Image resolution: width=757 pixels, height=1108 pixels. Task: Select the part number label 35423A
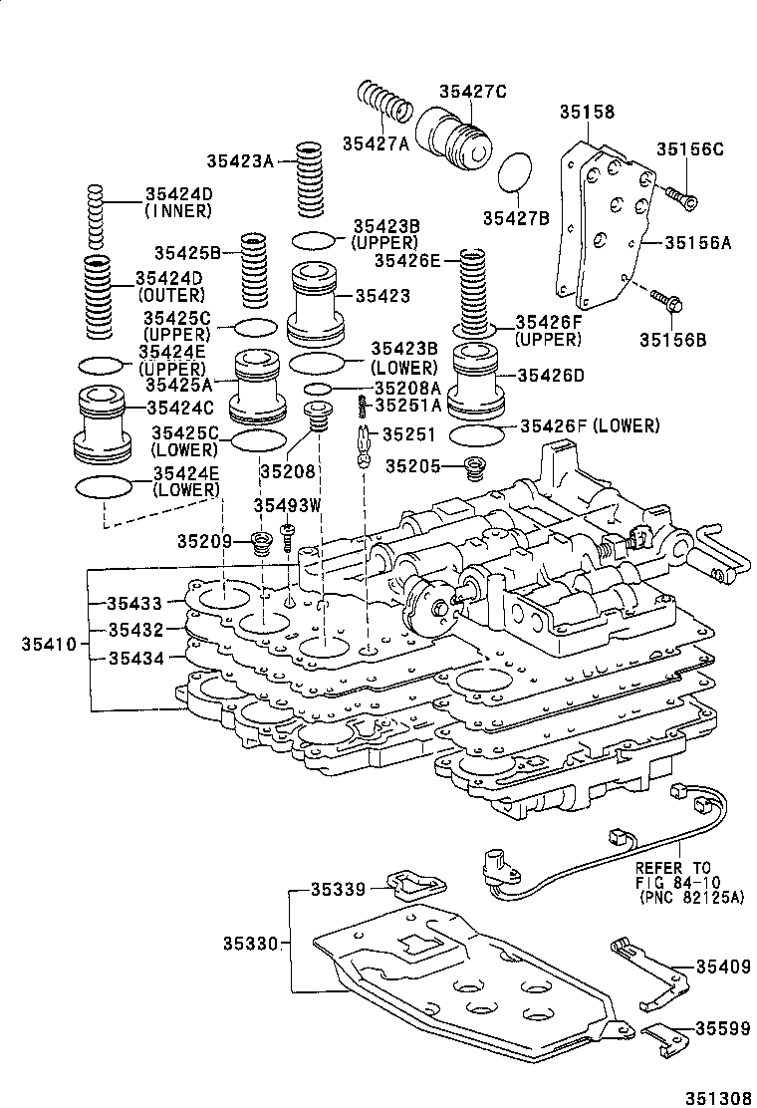(239, 159)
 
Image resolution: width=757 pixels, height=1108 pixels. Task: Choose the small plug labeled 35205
(477, 466)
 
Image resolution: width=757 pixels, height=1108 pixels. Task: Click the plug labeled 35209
(263, 543)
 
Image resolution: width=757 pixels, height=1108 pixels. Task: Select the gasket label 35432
(135, 630)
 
